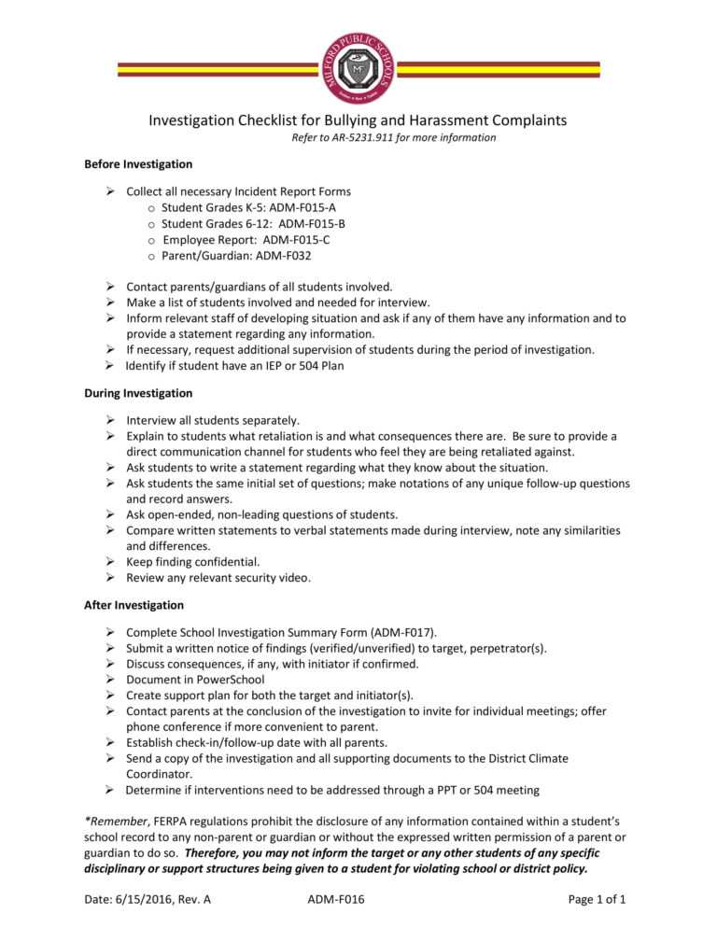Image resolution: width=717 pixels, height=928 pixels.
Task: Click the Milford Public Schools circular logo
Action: (358, 67)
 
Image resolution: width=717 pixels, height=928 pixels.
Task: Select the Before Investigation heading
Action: (138, 164)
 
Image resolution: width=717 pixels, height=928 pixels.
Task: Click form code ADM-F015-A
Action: (302, 207)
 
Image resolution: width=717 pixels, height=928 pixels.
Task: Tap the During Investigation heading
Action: (138, 393)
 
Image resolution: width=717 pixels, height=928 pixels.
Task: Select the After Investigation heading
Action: (134, 605)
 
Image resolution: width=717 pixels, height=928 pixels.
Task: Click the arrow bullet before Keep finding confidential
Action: (109, 562)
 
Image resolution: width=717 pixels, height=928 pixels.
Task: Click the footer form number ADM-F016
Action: (335, 900)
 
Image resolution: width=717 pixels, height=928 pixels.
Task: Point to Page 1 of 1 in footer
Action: (597, 900)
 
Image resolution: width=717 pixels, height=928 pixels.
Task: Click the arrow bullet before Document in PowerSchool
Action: (109, 680)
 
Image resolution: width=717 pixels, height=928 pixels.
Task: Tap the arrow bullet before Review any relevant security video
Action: (109, 578)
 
